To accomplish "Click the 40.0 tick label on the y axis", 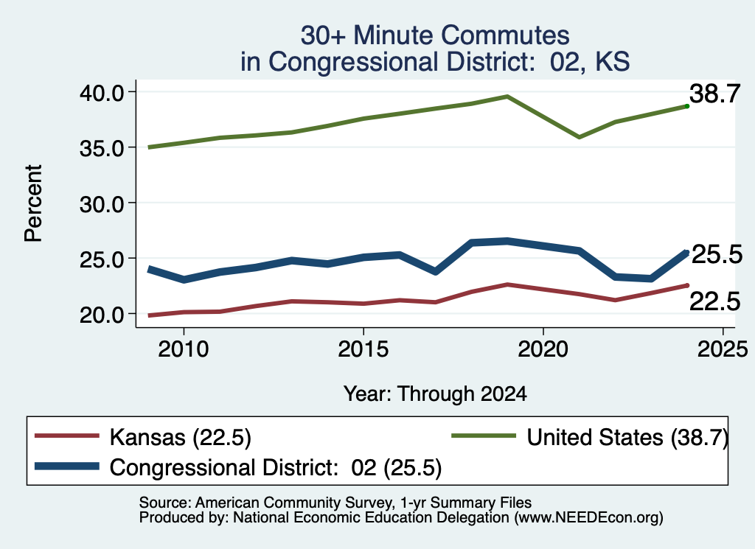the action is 101,92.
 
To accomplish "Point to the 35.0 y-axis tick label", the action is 101,148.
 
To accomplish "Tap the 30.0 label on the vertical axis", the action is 101,204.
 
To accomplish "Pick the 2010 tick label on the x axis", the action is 184,349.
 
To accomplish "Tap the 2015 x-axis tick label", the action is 363,349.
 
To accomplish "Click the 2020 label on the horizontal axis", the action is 543,349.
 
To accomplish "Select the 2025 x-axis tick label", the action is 723,349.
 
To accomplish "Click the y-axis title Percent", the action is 33,203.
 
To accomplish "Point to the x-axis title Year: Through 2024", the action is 435,394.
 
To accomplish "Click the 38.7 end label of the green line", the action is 714,94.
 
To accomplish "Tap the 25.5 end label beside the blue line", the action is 717,254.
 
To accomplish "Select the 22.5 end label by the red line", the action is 714,301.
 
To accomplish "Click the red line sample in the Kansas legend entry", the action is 67,436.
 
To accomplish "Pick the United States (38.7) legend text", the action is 627,438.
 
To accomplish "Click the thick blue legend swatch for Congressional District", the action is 67,466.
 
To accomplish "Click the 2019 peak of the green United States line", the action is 507,97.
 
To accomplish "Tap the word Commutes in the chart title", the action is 505,35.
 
